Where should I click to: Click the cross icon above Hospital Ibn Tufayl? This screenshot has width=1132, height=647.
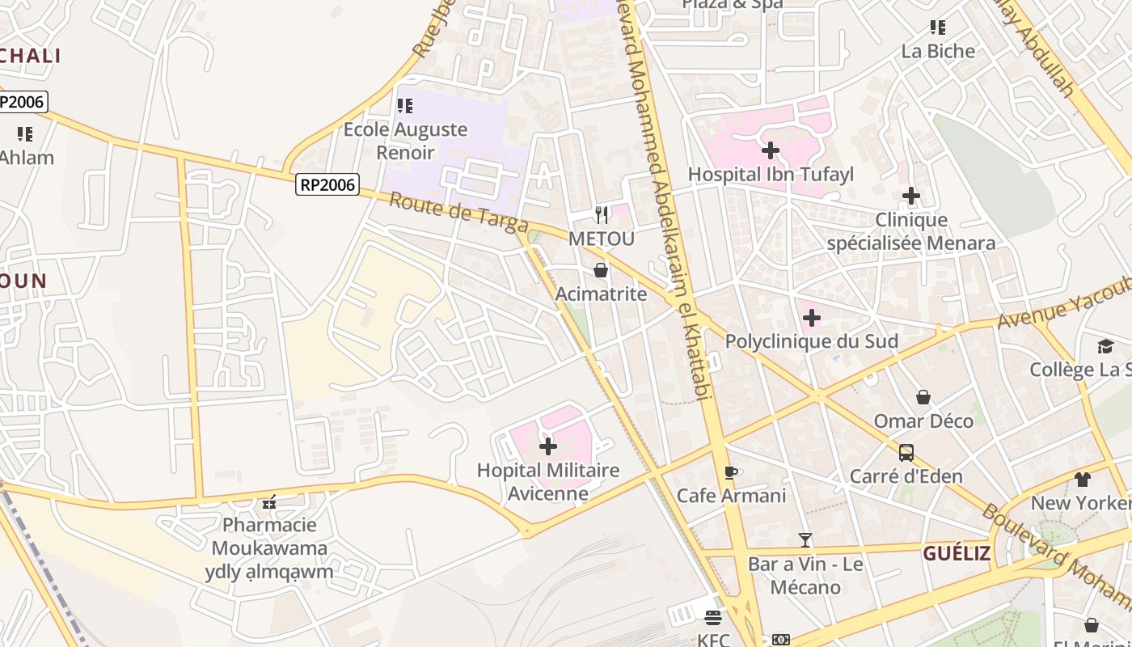(x=771, y=150)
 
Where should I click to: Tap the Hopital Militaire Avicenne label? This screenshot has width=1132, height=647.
(x=547, y=481)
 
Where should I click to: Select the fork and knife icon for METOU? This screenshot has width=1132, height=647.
(x=601, y=214)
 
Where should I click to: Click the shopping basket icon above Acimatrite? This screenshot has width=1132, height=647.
(x=601, y=270)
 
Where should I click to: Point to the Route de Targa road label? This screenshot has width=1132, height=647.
(x=458, y=212)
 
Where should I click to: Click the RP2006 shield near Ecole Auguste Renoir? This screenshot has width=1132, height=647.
(x=327, y=184)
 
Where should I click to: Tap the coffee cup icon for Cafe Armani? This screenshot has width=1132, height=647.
(x=731, y=472)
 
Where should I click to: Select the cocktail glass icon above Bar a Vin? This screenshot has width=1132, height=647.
(x=805, y=539)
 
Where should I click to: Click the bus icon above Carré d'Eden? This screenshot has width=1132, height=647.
(x=906, y=453)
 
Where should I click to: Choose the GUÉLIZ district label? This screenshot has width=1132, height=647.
(x=957, y=553)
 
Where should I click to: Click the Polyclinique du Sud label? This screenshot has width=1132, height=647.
(x=811, y=341)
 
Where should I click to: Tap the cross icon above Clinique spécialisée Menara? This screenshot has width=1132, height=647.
(x=911, y=196)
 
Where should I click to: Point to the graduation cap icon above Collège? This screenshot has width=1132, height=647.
(x=1105, y=347)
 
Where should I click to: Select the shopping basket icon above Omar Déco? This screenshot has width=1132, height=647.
(x=923, y=397)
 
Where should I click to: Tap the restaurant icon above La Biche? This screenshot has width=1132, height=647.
(x=938, y=27)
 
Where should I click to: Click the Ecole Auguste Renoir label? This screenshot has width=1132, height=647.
(x=405, y=141)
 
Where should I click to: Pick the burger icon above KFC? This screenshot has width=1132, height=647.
(x=713, y=618)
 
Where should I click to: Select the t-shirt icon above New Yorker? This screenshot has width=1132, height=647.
(x=1083, y=480)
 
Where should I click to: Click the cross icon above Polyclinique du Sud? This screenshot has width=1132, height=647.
(x=811, y=318)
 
